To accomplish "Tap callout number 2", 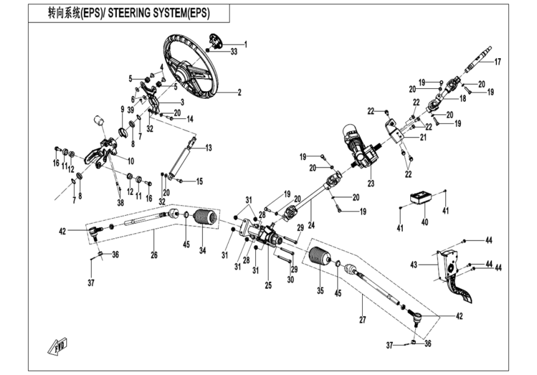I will click(x=239, y=92).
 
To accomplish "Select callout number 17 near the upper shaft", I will click(x=498, y=62).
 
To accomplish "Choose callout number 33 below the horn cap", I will click(x=234, y=52).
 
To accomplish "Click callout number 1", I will click(x=245, y=44).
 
